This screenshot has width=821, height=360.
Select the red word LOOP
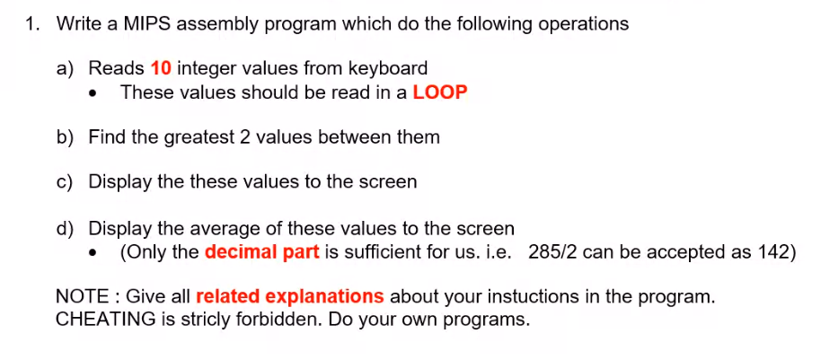pyautogui.click(x=440, y=92)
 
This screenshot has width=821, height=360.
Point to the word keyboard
pyautogui.click(x=390, y=68)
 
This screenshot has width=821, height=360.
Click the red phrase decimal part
pyautogui.click(x=261, y=251)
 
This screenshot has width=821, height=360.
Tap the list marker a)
pyautogui.click(x=66, y=68)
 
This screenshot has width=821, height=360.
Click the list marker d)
pyautogui.click(x=66, y=228)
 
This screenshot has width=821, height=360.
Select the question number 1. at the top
pyautogui.click(x=33, y=24)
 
